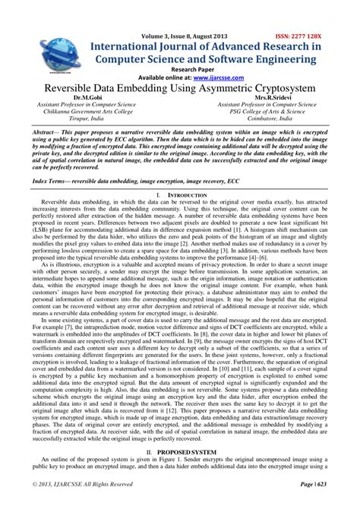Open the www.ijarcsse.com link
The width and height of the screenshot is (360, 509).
tap(223, 77)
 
